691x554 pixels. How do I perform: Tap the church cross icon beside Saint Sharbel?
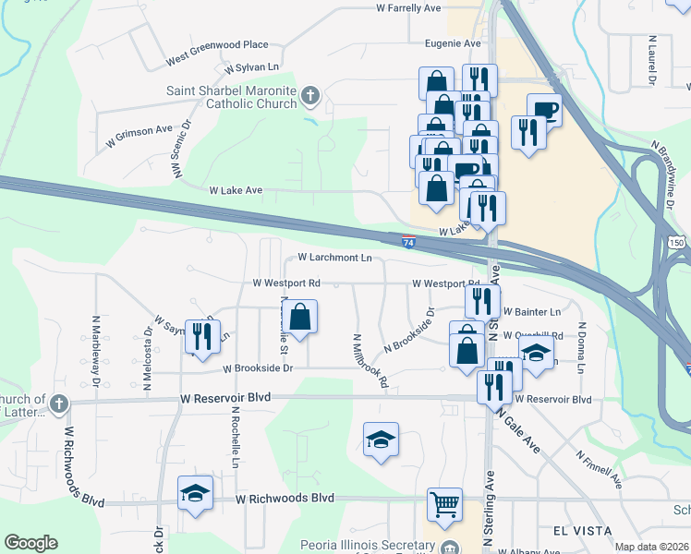(x=310, y=95)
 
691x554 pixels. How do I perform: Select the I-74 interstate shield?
(x=408, y=242)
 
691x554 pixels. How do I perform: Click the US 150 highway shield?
(x=677, y=242)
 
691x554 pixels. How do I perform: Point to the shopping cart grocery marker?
(x=444, y=504)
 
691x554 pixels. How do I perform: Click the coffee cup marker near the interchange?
(x=544, y=110)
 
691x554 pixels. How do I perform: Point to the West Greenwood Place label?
(x=217, y=44)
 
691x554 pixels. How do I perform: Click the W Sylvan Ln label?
(x=251, y=67)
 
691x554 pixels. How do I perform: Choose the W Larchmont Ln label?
(x=334, y=258)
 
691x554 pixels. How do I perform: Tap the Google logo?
(x=30, y=543)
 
